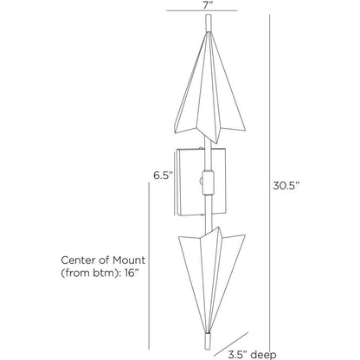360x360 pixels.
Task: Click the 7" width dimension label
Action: point(207,6)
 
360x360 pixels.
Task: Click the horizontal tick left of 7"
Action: point(179,10)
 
